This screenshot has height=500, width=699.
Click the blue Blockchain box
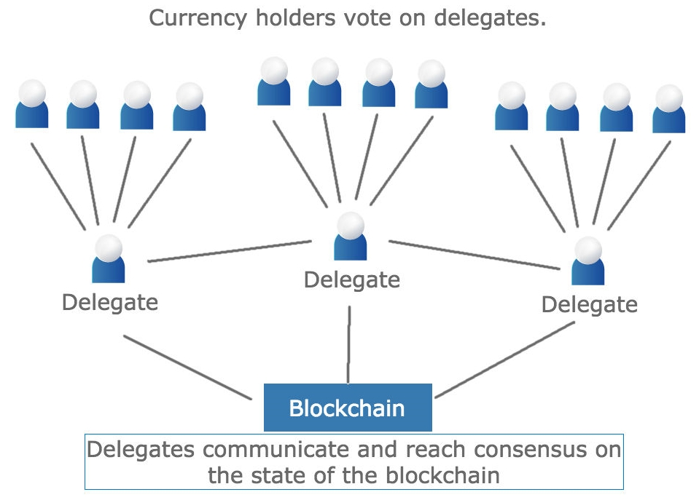(347, 408)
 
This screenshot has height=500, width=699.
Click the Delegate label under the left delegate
(110, 301)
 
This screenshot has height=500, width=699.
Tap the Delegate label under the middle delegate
(352, 279)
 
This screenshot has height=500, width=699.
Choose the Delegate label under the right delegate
(590, 303)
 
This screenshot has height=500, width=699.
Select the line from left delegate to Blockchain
(187, 367)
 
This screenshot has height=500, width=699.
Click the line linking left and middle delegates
(230, 251)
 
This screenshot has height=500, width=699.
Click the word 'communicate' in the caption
(280, 449)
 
